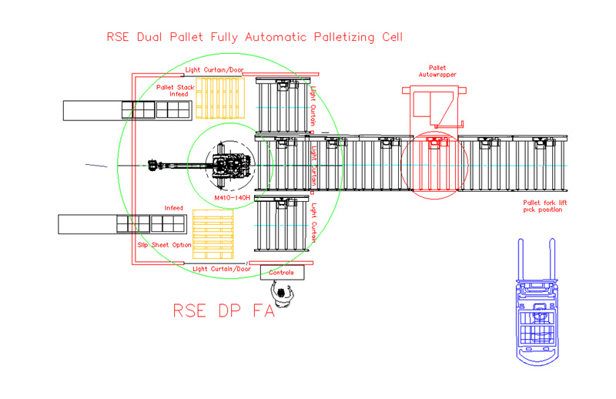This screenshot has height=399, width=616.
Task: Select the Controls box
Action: tap(283, 272)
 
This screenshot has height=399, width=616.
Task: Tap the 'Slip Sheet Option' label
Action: tap(164, 244)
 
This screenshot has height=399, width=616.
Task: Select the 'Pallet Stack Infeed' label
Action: tap(176, 91)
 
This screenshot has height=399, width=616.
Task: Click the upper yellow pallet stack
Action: tap(220, 98)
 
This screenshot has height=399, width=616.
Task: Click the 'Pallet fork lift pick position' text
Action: tap(544, 206)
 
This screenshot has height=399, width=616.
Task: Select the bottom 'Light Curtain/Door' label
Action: tap(222, 269)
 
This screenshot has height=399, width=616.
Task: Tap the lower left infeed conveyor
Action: tap(122, 224)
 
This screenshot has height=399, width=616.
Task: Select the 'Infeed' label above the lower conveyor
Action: tap(175, 208)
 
